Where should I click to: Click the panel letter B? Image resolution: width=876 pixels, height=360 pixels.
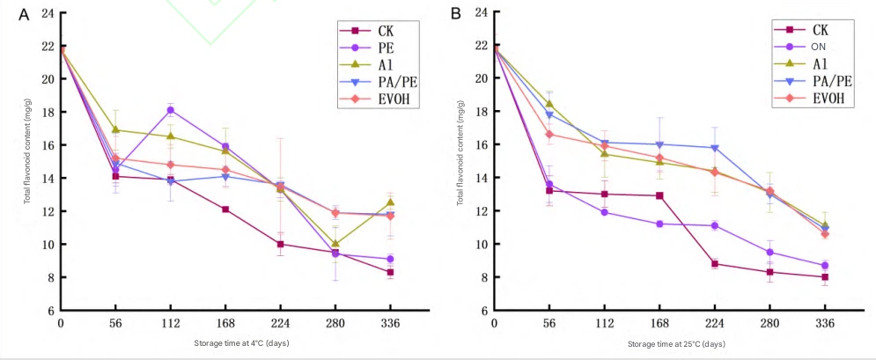pyautogui.click(x=456, y=14)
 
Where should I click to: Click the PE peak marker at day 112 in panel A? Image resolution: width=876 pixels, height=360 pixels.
pyautogui.click(x=170, y=110)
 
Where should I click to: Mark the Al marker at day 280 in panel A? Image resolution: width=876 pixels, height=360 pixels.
pyautogui.click(x=335, y=244)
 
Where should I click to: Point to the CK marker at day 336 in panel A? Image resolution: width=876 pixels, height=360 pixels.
pyautogui.click(x=389, y=272)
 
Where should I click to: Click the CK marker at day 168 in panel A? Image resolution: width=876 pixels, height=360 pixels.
pyautogui.click(x=225, y=209)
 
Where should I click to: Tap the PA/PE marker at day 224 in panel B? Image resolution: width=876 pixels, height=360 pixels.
pyautogui.click(x=715, y=148)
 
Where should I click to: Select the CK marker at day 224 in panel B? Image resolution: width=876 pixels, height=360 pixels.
pyautogui.click(x=715, y=263)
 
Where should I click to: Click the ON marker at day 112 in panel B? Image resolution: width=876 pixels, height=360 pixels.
pyautogui.click(x=604, y=212)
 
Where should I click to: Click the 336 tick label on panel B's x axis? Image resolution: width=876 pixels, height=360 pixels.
pyautogui.click(x=825, y=323)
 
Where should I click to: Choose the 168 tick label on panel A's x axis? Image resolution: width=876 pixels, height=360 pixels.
pyautogui.click(x=225, y=323)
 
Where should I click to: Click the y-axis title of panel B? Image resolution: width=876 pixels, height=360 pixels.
pyautogui.click(x=460, y=162)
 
